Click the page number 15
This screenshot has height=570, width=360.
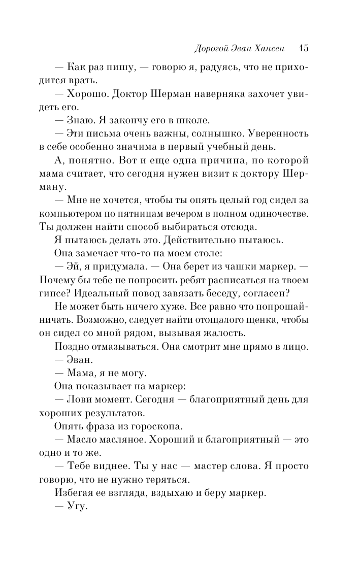click(x=304, y=48)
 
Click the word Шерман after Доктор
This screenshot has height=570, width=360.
click(x=161, y=94)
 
